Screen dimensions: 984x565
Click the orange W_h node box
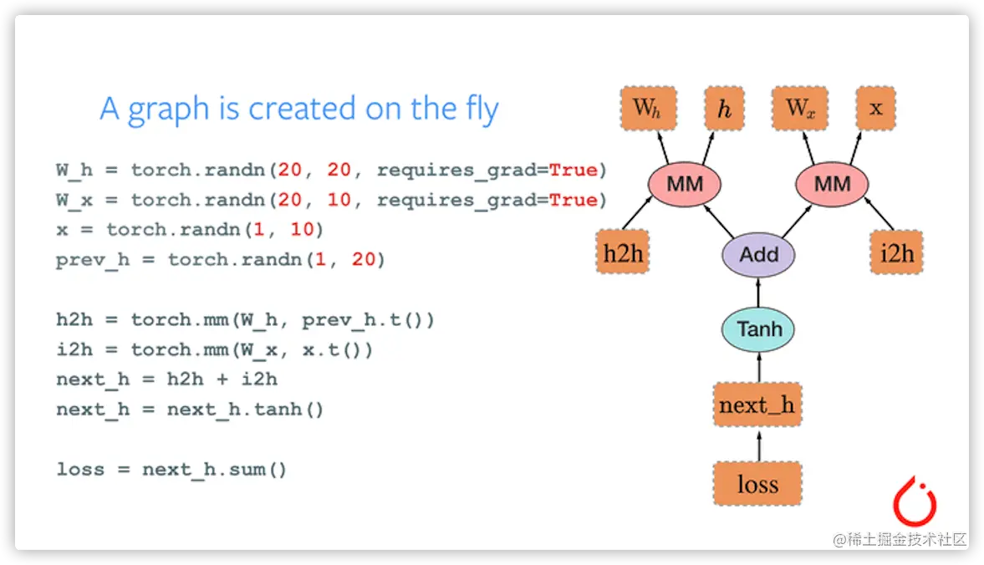click(648, 109)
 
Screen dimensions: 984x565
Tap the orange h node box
click(724, 109)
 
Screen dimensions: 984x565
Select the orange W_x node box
click(800, 109)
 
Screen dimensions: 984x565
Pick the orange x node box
click(876, 109)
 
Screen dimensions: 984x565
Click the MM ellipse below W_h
click(685, 185)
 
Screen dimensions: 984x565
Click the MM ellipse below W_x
click(832, 185)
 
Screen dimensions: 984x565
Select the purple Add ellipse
click(759, 255)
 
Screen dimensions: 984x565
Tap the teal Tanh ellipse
click(759, 329)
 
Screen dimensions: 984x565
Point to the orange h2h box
click(623, 252)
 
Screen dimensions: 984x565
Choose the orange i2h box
click(897, 252)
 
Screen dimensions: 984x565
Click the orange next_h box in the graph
click(757, 405)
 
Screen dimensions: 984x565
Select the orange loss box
click(757, 483)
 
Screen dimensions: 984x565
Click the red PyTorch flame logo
click(915, 501)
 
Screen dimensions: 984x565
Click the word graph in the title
click(168, 110)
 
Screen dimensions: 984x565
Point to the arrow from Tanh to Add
click(759, 293)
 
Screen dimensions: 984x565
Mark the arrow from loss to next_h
click(759, 445)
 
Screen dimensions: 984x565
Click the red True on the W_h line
click(573, 170)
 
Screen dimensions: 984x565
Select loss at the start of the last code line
click(80, 469)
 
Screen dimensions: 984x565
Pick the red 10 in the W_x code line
click(339, 200)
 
